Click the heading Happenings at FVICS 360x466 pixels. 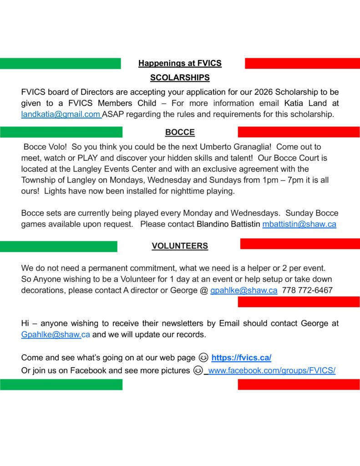[180, 63]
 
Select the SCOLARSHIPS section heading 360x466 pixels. [180, 78]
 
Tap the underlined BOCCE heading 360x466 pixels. [180, 132]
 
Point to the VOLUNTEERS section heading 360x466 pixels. [180, 246]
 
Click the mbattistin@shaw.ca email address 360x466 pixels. [299, 224]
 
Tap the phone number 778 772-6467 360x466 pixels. [307, 290]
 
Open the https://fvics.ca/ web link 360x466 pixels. [241, 358]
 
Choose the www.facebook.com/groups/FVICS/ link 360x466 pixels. [272, 371]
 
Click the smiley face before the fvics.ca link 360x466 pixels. [203, 358]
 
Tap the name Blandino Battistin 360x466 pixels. [228, 224]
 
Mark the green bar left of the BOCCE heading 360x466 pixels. [61, 132]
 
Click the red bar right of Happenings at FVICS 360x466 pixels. [302, 63]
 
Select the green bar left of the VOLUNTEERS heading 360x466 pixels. [58, 247]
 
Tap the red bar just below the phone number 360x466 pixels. [299, 302]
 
